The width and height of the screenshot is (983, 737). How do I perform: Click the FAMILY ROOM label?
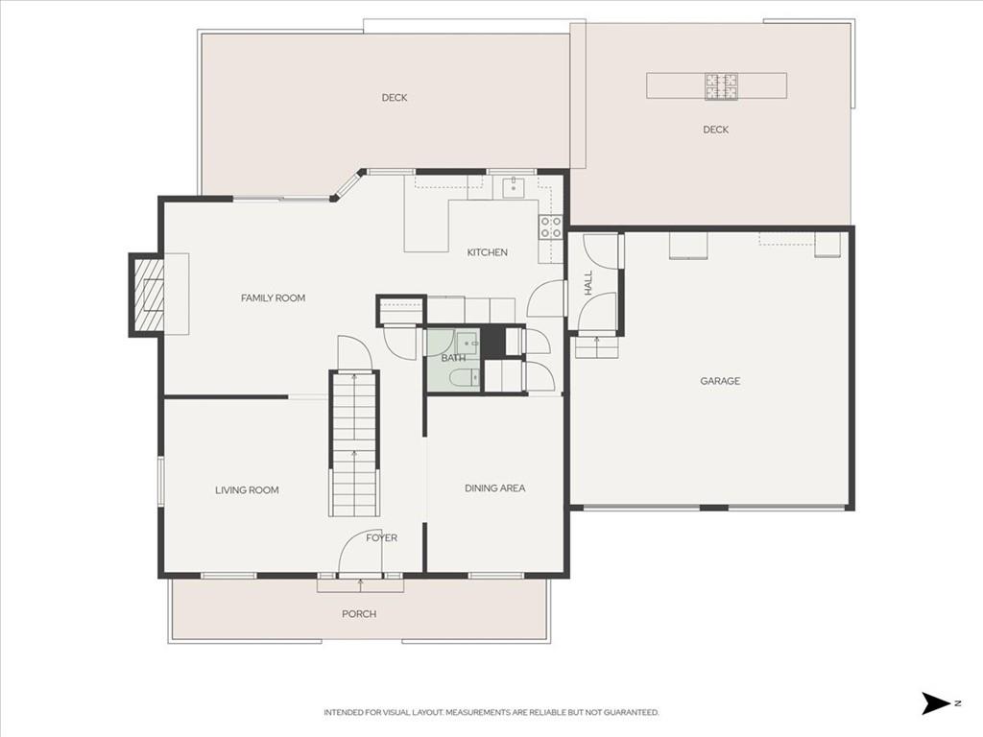click(273, 298)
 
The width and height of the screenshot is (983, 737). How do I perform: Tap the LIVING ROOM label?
click(247, 490)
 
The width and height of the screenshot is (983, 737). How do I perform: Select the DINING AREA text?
click(494, 488)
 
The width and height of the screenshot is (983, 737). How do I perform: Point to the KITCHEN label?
click(487, 252)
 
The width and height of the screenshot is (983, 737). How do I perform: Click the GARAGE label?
click(720, 381)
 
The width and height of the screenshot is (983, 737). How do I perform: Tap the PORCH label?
click(359, 614)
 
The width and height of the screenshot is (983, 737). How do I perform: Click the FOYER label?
click(382, 537)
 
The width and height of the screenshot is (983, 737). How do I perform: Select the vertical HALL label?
click(588, 283)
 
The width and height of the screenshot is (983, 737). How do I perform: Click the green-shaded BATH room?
click(453, 361)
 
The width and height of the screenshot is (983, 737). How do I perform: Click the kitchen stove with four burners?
click(550, 226)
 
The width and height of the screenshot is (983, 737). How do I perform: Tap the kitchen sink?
click(514, 186)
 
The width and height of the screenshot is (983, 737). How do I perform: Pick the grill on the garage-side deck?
click(721, 86)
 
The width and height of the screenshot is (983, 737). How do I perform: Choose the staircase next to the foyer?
click(355, 444)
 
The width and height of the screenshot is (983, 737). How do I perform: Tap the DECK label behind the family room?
click(395, 98)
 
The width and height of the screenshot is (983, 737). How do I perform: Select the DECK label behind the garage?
click(715, 130)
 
